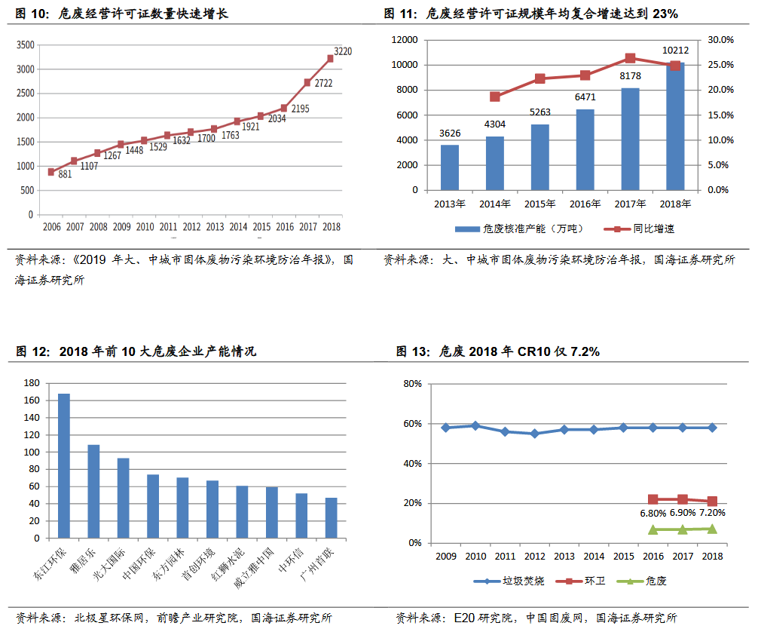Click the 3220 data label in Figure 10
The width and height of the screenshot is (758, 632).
click(343, 51)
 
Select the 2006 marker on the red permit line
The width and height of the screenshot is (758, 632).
click(51, 172)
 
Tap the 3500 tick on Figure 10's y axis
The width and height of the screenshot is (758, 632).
click(25, 45)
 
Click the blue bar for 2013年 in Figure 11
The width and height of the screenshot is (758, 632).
click(450, 167)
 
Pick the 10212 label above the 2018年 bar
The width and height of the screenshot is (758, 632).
click(675, 51)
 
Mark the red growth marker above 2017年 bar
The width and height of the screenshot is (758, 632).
click(631, 58)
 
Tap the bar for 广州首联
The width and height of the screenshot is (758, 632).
click(332, 518)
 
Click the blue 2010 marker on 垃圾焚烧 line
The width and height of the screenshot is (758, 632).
click(475, 425)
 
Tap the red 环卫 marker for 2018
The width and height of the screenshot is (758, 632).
click(712, 501)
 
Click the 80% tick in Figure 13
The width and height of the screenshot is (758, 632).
click(411, 383)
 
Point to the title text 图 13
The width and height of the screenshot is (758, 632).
click(414, 352)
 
